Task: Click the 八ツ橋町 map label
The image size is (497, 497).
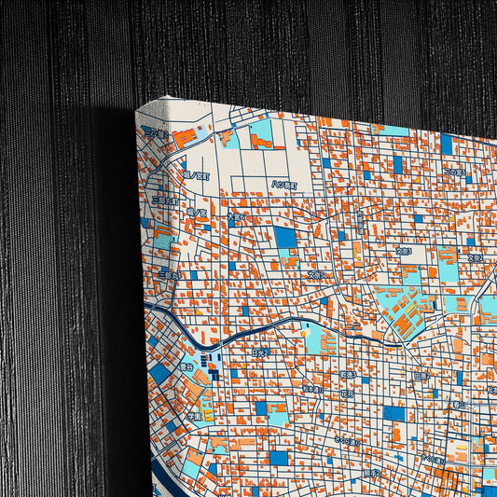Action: click(x=283, y=185)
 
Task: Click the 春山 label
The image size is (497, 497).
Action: click(x=458, y=406)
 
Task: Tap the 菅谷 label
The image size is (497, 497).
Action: click(x=186, y=366)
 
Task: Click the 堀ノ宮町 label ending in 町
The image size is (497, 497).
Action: click(x=198, y=174)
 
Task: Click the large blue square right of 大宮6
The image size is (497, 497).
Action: click(x=285, y=237)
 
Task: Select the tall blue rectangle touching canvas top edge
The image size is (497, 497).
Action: click(x=446, y=144)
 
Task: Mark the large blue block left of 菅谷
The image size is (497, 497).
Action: click(x=160, y=372)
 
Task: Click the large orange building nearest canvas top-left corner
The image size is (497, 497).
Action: click(x=184, y=138)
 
